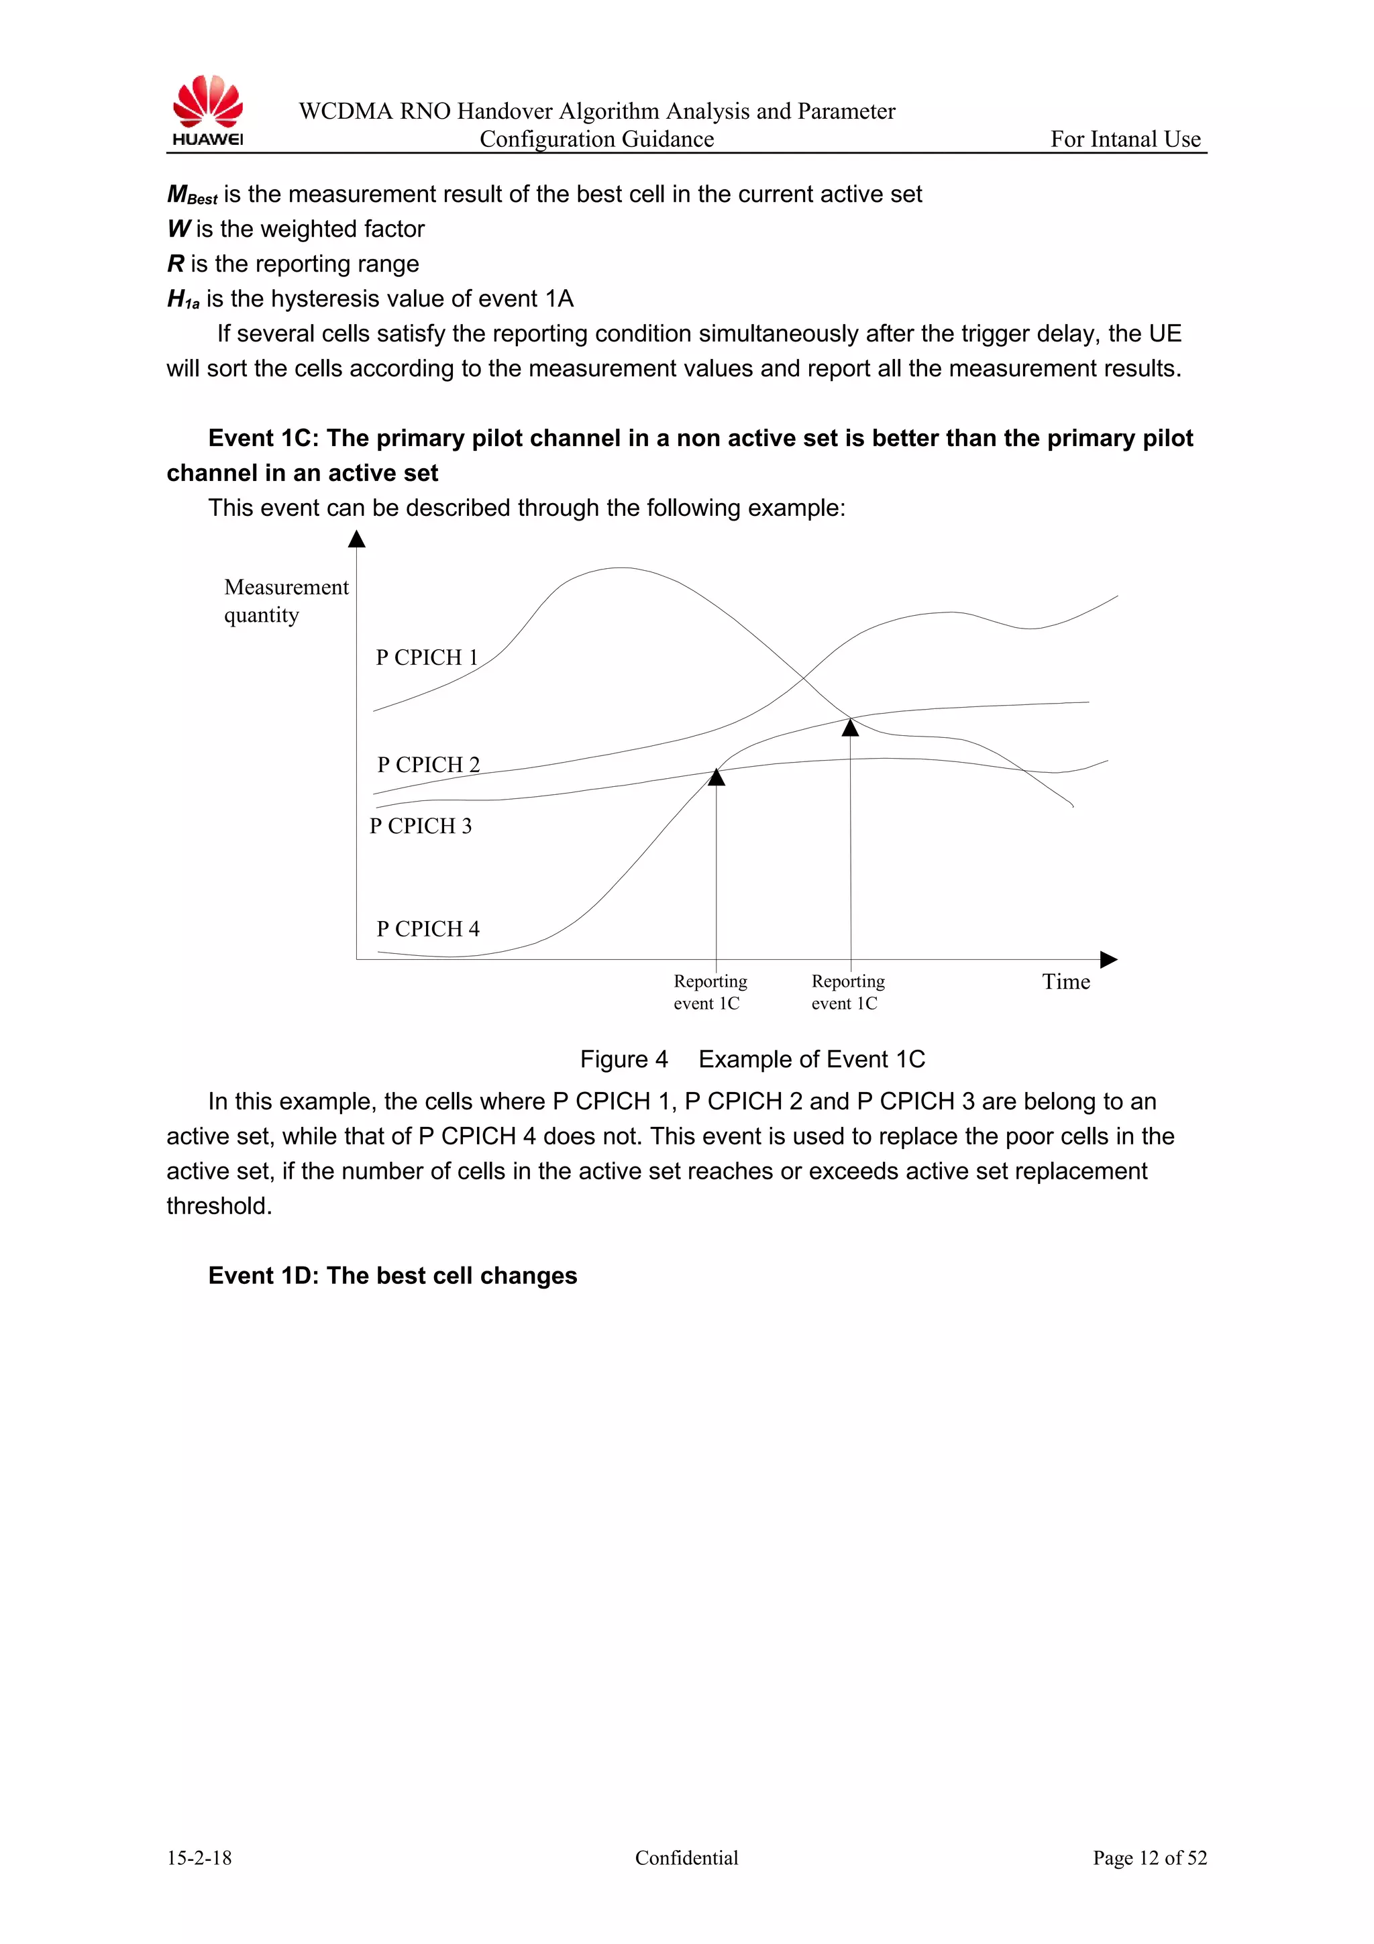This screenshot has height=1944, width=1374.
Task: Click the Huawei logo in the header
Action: click(207, 111)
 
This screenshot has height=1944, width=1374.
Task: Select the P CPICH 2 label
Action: click(429, 765)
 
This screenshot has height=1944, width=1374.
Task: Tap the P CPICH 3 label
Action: click(421, 826)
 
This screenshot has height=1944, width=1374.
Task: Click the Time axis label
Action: click(1066, 982)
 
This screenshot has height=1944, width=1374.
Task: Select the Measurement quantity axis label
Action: click(286, 600)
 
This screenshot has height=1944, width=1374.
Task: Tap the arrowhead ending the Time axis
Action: click(1108, 959)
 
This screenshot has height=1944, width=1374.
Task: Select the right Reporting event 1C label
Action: click(847, 992)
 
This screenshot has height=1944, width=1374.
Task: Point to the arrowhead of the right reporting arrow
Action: click(850, 727)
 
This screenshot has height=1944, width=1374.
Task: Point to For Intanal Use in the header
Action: click(1125, 140)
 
